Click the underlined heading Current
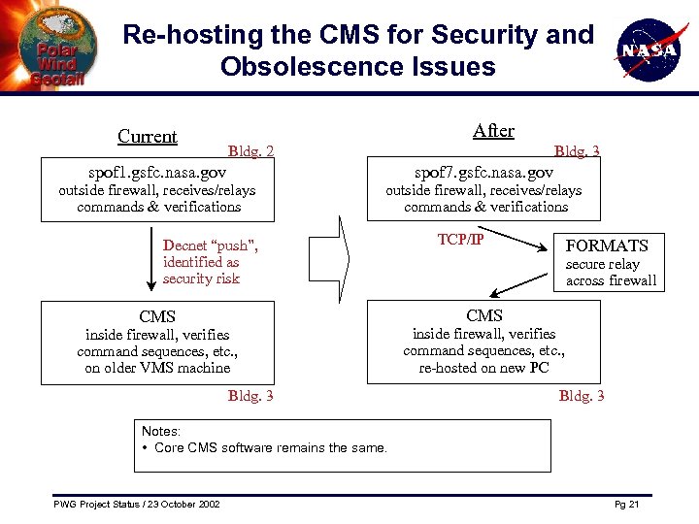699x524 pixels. (147, 137)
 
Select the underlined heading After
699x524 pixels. (493, 131)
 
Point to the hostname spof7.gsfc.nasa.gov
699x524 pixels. (484, 171)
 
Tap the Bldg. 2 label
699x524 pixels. (250, 151)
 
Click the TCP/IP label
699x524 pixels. (460, 240)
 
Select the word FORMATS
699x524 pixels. (607, 246)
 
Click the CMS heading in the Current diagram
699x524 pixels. (157, 316)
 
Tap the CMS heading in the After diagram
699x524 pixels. (484, 315)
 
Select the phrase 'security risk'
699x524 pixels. (201, 278)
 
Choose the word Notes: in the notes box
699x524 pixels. (161, 431)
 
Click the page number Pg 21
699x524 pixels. (626, 505)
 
